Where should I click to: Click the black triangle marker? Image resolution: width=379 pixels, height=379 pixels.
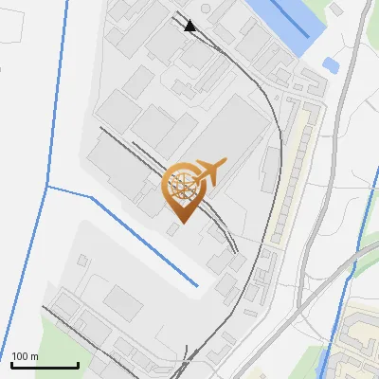(190, 26)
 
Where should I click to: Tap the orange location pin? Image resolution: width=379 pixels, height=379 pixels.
(186, 189)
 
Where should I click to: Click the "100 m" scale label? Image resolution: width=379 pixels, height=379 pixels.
(25, 357)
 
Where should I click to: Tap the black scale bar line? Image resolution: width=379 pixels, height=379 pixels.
(45, 365)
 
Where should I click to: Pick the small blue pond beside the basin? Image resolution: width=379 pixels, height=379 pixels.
(331, 65)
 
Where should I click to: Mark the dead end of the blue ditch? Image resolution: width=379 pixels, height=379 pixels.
(197, 285)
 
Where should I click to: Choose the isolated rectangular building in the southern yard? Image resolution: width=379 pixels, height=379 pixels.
(123, 303)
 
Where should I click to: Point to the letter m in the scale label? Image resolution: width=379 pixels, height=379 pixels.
(34, 357)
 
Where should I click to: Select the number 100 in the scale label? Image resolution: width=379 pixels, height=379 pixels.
(20, 357)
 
